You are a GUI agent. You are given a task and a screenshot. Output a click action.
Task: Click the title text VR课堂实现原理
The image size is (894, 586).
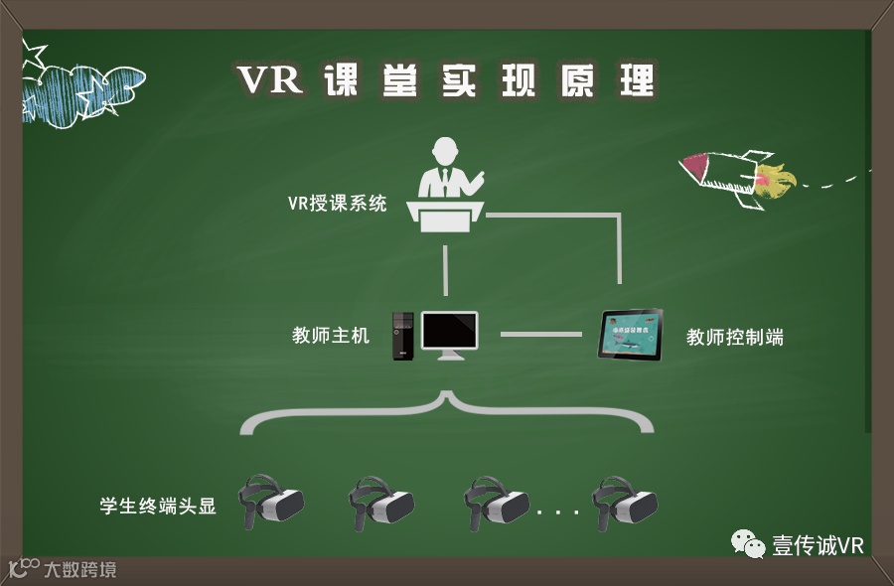pos(447,80)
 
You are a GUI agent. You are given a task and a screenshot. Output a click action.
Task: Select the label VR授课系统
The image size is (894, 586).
pos(337,204)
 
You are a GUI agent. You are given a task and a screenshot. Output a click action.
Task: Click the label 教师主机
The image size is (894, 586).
pos(330,336)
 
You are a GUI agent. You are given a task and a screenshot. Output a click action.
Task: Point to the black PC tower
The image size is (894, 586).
pos(402,336)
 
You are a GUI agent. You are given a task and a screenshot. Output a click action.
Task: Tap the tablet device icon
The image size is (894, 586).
pos(630,335)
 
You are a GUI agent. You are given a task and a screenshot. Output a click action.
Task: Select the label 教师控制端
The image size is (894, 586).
pos(735,338)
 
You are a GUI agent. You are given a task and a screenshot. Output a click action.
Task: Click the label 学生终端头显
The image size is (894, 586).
pos(158,506)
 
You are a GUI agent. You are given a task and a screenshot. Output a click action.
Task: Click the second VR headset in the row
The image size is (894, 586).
pos(380,502)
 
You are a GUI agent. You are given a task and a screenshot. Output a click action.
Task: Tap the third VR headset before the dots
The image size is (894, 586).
pos(497,502)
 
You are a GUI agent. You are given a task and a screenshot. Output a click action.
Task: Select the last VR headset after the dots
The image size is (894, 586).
pos(624,502)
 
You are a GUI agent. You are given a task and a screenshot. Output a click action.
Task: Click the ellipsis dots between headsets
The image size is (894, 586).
pos(557,513)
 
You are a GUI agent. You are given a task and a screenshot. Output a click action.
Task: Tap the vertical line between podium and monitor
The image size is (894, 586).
pos(447,269)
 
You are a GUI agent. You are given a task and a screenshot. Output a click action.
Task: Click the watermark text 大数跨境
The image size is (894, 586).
pos(79,570)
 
